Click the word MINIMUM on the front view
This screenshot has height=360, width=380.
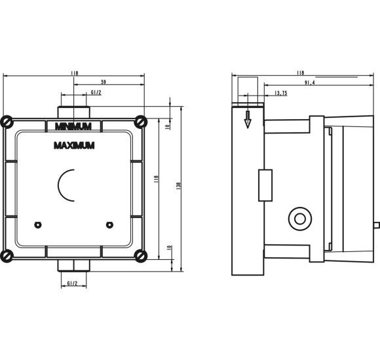click(x=73, y=124)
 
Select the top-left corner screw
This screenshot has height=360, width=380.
click(x=7, y=121)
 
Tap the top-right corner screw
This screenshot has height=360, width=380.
click(x=141, y=121)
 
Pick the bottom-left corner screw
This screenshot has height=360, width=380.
click(x=7, y=255)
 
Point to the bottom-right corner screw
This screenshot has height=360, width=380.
click(x=141, y=255)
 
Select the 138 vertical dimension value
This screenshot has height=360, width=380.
click(x=178, y=185)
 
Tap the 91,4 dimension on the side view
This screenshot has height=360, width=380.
click(x=309, y=82)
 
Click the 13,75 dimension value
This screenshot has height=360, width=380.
click(x=280, y=93)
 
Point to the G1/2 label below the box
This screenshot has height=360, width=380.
click(x=74, y=283)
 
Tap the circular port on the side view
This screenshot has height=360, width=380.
click(x=301, y=218)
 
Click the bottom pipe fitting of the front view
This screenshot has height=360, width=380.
click(x=73, y=265)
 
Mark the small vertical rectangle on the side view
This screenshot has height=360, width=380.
click(x=265, y=185)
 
